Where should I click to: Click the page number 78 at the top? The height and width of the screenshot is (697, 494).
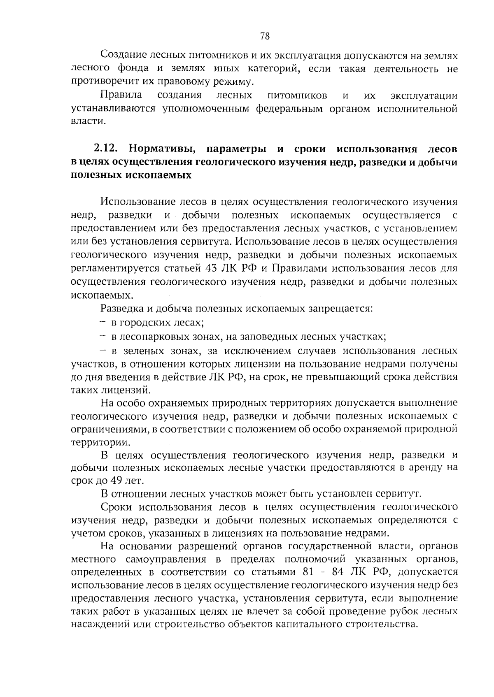point(265,36)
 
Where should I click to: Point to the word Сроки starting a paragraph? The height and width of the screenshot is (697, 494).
point(116,506)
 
